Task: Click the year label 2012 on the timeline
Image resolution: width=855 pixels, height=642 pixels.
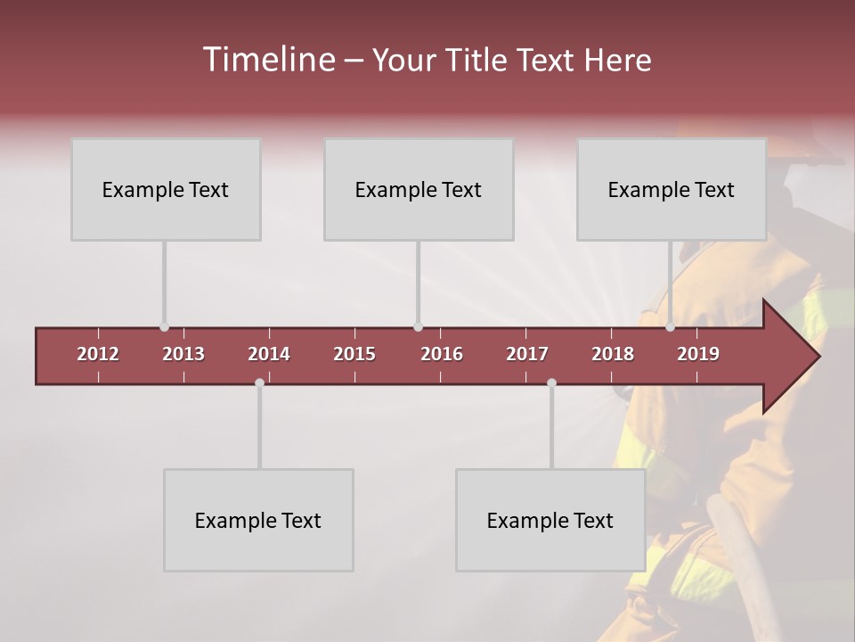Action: [x=98, y=354]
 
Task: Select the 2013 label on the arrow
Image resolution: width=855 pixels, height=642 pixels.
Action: [x=183, y=354]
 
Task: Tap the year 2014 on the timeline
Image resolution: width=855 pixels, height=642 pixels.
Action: [x=269, y=354]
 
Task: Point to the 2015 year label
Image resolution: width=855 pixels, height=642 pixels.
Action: [x=354, y=354]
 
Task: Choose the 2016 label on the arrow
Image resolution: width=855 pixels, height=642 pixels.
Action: [x=442, y=354]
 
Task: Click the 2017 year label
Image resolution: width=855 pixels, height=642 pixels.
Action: [x=527, y=354]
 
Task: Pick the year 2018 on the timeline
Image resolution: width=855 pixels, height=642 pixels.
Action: [x=613, y=354]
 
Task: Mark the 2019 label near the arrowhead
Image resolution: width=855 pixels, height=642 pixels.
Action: [x=698, y=354]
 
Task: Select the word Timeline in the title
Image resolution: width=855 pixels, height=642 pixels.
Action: [x=267, y=60]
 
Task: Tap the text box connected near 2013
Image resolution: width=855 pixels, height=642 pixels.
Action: [x=166, y=189]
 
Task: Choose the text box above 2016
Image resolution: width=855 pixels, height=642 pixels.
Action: [x=419, y=189]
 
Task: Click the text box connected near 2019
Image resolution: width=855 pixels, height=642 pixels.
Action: [x=672, y=189]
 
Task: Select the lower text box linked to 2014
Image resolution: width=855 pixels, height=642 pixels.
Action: [x=258, y=520]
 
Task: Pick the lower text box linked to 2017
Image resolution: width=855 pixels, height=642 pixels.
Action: [x=550, y=520]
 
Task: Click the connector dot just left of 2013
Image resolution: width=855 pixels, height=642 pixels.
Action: [x=164, y=327]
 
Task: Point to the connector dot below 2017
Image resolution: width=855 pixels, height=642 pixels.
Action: [x=551, y=383]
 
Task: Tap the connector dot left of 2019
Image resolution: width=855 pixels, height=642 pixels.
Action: [x=670, y=327]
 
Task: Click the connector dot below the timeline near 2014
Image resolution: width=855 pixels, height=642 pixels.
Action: [x=259, y=383]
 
